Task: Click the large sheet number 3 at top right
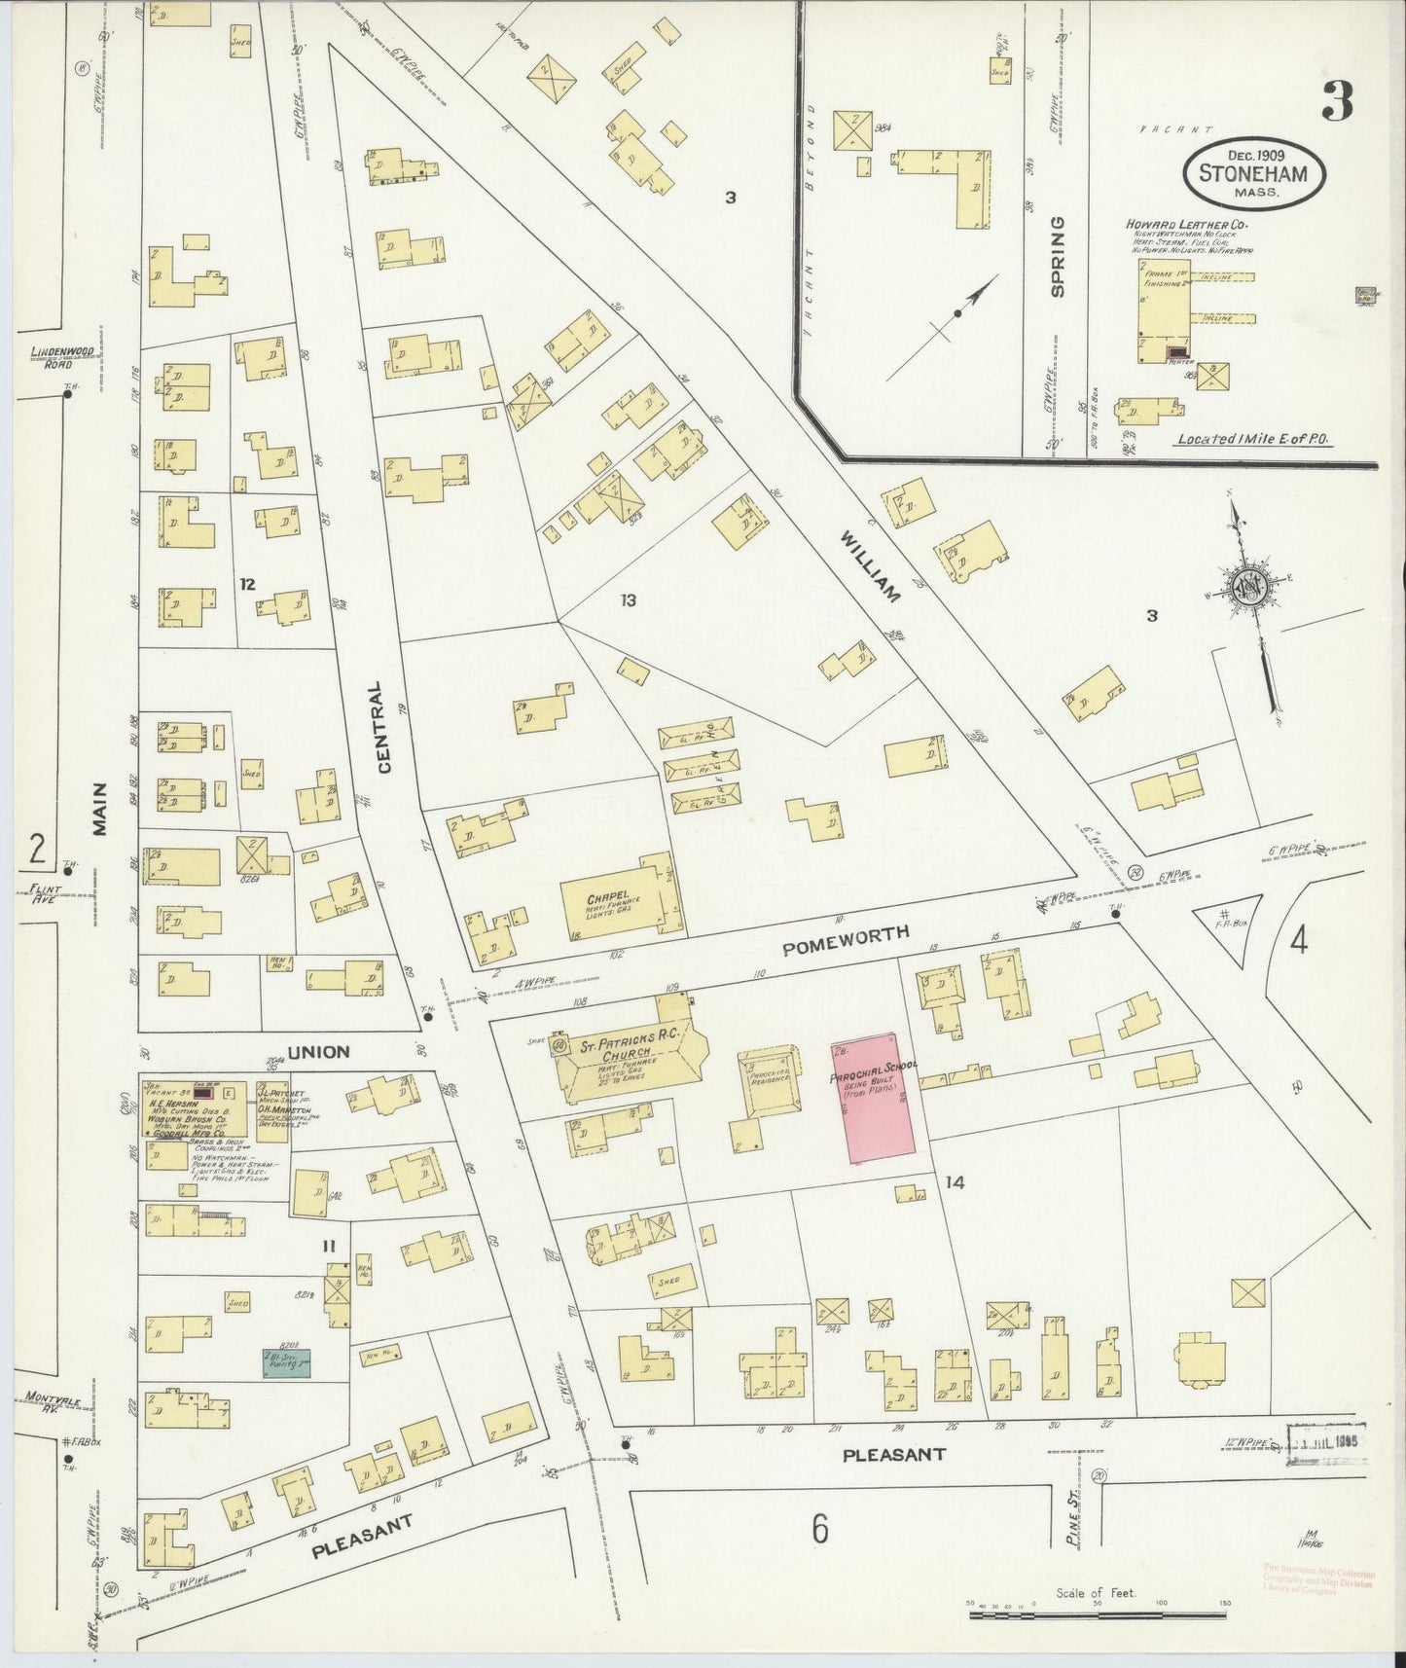[x=1338, y=101]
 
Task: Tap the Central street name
[x=383, y=726]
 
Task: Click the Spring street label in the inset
[x=1058, y=256]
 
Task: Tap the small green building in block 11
[x=285, y=1361]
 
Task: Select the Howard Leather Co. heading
[x=1187, y=225]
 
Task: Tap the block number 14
[x=955, y=1182]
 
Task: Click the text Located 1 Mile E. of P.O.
[x=1252, y=440]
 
